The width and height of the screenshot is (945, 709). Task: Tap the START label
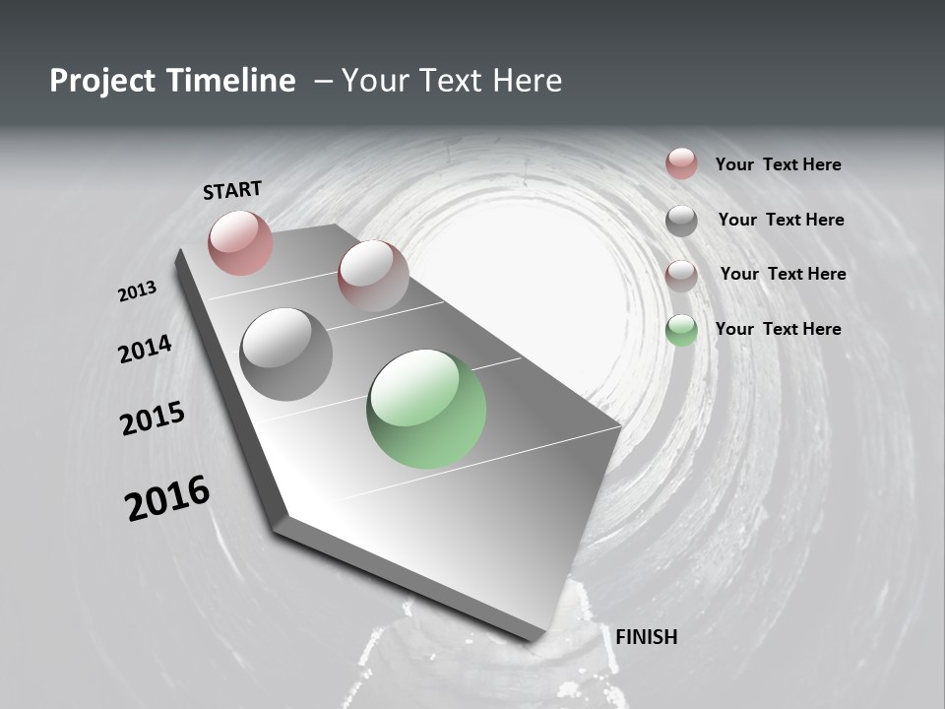click(232, 190)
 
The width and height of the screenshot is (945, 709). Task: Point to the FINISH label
click(646, 637)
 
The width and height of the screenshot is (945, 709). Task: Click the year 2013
click(137, 291)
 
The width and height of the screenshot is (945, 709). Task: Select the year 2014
click(145, 349)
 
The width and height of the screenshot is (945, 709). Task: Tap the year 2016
click(167, 498)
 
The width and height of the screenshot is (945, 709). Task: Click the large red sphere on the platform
click(240, 242)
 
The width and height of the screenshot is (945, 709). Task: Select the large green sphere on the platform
click(426, 410)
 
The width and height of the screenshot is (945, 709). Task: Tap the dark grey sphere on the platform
click(285, 354)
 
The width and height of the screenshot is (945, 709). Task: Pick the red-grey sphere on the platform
click(373, 276)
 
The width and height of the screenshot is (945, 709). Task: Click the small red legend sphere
click(681, 163)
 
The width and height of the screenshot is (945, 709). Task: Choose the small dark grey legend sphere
click(681, 221)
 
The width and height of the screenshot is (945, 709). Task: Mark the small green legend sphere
click(681, 330)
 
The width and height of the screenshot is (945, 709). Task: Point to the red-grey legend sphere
click(681, 275)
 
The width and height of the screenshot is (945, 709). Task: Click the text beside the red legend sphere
click(778, 164)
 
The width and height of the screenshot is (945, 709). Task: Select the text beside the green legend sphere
click(778, 329)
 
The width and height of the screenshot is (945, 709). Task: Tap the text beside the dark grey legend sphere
click(781, 220)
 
